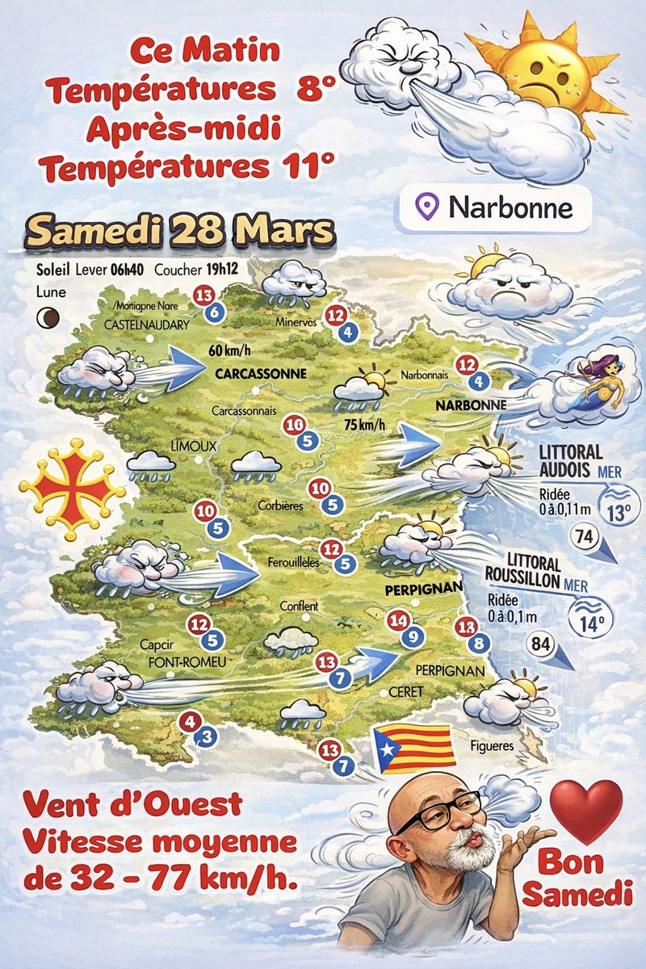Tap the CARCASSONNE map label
[261, 374]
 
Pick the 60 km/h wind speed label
[230, 350]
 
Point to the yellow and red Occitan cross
[72, 489]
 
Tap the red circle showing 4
[191, 721]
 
